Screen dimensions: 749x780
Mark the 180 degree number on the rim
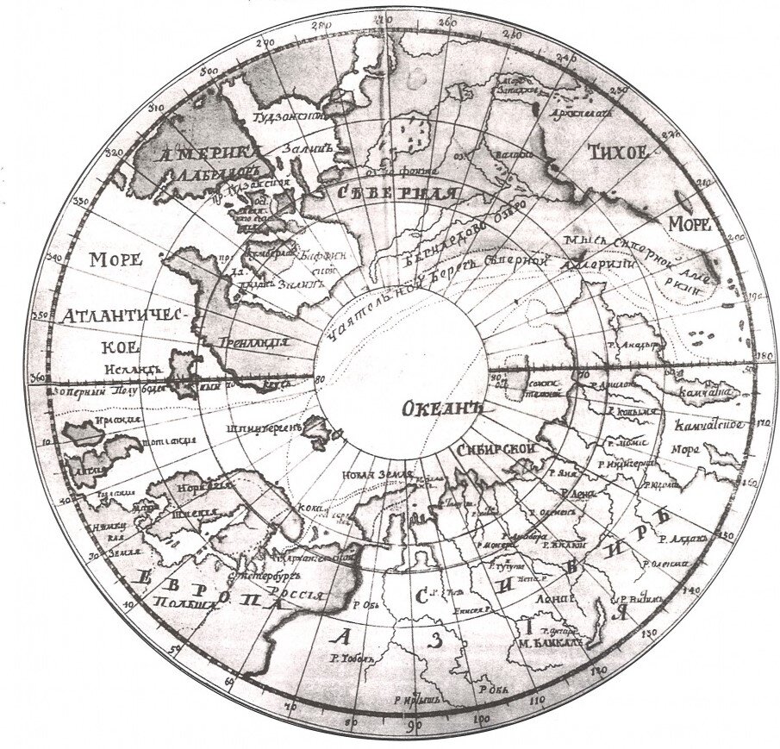click(x=761, y=354)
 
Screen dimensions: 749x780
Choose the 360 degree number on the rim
click(x=36, y=378)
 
